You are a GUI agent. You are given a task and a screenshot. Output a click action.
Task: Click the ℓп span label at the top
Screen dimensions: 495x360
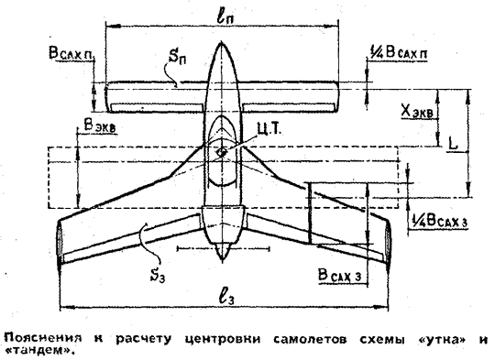tap(225, 16)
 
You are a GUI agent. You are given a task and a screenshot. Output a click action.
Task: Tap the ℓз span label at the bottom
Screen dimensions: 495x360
tap(226, 297)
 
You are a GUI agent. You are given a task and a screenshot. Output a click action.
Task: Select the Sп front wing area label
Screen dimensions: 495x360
tap(177, 56)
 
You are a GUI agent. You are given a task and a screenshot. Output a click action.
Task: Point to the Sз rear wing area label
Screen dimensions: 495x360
tap(158, 275)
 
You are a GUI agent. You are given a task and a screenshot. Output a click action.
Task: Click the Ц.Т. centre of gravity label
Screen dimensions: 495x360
tap(269, 129)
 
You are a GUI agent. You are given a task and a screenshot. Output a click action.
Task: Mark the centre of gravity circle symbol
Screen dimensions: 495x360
tap(221, 152)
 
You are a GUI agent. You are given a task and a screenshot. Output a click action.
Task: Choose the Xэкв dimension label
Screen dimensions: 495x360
tap(417, 112)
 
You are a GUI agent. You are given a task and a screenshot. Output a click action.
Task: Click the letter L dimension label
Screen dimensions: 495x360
tap(453, 145)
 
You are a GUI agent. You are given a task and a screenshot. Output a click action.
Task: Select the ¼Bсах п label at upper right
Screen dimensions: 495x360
tap(399, 52)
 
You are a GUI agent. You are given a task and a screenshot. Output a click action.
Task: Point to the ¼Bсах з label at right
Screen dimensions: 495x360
tap(439, 221)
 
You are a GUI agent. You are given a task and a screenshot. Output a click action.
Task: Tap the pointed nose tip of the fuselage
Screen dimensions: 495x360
tap(221, 41)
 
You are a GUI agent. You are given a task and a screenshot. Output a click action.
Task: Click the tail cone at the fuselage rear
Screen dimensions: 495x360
tap(222, 251)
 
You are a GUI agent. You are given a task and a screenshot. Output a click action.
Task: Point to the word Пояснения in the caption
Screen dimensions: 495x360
tap(42, 339)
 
